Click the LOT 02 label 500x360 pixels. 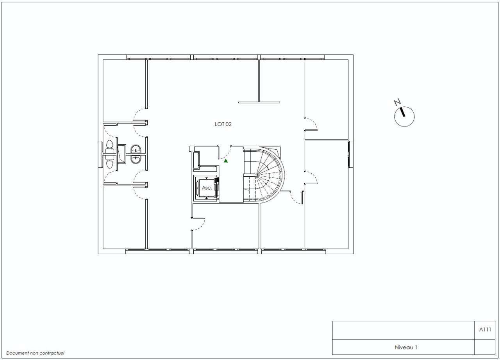[x=223, y=124]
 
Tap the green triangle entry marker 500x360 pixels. [x=226, y=160]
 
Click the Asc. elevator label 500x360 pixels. [x=207, y=188]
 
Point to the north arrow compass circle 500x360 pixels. [x=404, y=116]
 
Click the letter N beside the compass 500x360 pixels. [x=397, y=103]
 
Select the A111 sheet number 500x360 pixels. [x=485, y=330]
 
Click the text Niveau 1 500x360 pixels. [x=403, y=347]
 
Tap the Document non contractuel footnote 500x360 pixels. [x=35, y=353]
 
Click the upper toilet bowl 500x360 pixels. [x=110, y=145]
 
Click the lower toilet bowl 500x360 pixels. [x=110, y=163]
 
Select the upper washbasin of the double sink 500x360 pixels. [x=136, y=149]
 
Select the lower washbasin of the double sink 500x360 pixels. [x=136, y=159]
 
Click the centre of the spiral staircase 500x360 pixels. [x=258, y=174]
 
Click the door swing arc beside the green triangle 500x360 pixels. [x=227, y=152]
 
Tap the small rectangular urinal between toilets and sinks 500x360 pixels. [x=121, y=154]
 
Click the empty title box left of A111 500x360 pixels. [x=402, y=330]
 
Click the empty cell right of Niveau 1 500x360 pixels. [x=485, y=347]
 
